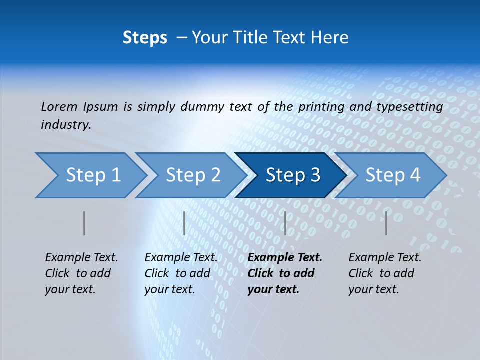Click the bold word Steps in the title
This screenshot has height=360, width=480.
[145, 38]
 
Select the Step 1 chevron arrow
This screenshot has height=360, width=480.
[90, 175]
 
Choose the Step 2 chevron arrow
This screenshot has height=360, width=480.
[190, 175]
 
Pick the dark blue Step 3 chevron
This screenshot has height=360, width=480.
[290, 175]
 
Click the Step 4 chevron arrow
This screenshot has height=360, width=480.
[390, 175]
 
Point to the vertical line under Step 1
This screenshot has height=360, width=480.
[84, 223]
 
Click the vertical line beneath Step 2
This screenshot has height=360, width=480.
[184, 223]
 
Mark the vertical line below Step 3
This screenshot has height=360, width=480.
[285, 223]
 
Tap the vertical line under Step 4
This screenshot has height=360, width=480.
[386, 223]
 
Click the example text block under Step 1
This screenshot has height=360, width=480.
[81, 273]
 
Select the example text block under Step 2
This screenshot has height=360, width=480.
[181, 273]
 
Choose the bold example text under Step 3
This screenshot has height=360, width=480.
[285, 273]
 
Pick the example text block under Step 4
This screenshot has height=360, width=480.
[385, 273]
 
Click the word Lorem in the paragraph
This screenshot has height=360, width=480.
[59, 106]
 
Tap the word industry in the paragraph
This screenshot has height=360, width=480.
[65, 125]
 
